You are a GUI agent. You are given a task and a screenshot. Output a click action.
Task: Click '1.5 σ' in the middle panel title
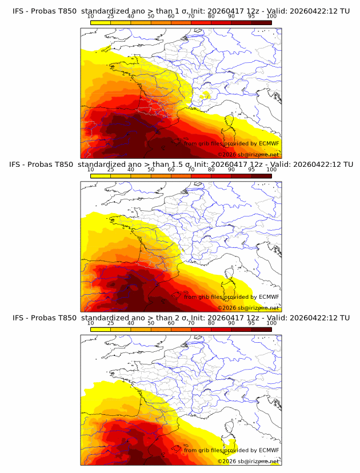click(184, 164)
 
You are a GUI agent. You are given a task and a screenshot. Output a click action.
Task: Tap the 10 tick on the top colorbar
click(90, 16)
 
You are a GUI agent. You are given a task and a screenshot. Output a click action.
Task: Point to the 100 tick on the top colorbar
click(271, 16)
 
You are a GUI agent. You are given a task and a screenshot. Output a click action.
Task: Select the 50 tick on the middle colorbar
click(151, 169)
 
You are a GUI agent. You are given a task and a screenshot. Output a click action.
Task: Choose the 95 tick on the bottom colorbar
click(251, 323)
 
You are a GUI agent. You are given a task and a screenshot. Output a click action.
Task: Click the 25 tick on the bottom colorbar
click(110, 323)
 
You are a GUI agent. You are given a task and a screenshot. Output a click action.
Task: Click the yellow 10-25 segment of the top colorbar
click(100, 22)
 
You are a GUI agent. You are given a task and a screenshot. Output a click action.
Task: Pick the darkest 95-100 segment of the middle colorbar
click(261, 175)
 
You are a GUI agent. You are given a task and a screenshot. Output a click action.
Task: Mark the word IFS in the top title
click(18, 10)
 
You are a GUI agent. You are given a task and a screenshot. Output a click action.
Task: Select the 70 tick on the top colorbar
click(191, 16)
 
